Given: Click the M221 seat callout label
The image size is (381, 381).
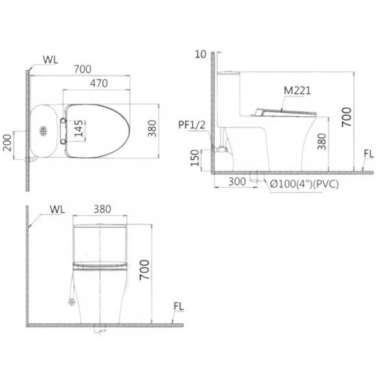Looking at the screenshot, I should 297,91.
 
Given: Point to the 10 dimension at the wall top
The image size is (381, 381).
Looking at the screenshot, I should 201,54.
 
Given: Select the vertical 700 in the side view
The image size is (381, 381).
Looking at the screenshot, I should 346,118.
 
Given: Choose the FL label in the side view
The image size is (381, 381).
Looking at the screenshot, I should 368,154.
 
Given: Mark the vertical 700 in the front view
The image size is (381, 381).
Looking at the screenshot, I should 144,269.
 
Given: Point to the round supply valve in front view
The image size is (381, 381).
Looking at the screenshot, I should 72,302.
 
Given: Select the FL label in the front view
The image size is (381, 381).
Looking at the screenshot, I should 178,307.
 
